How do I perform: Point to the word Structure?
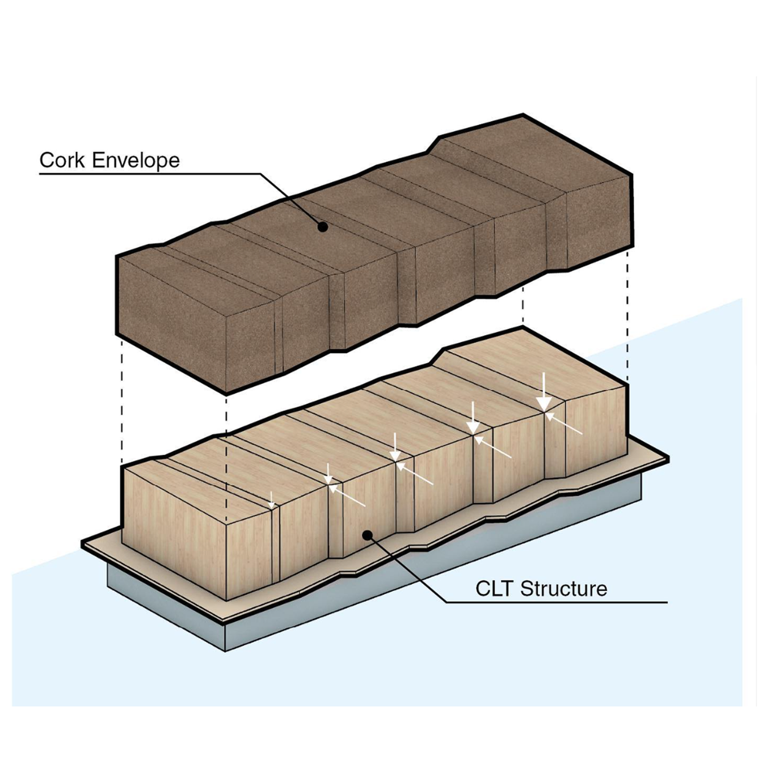563,589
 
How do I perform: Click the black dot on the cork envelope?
322,227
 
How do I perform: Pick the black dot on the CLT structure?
368,535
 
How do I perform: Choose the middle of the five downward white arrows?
396,447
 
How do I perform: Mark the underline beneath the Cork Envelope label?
152,174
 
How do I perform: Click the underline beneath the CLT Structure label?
556,602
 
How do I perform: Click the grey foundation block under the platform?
167,606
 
